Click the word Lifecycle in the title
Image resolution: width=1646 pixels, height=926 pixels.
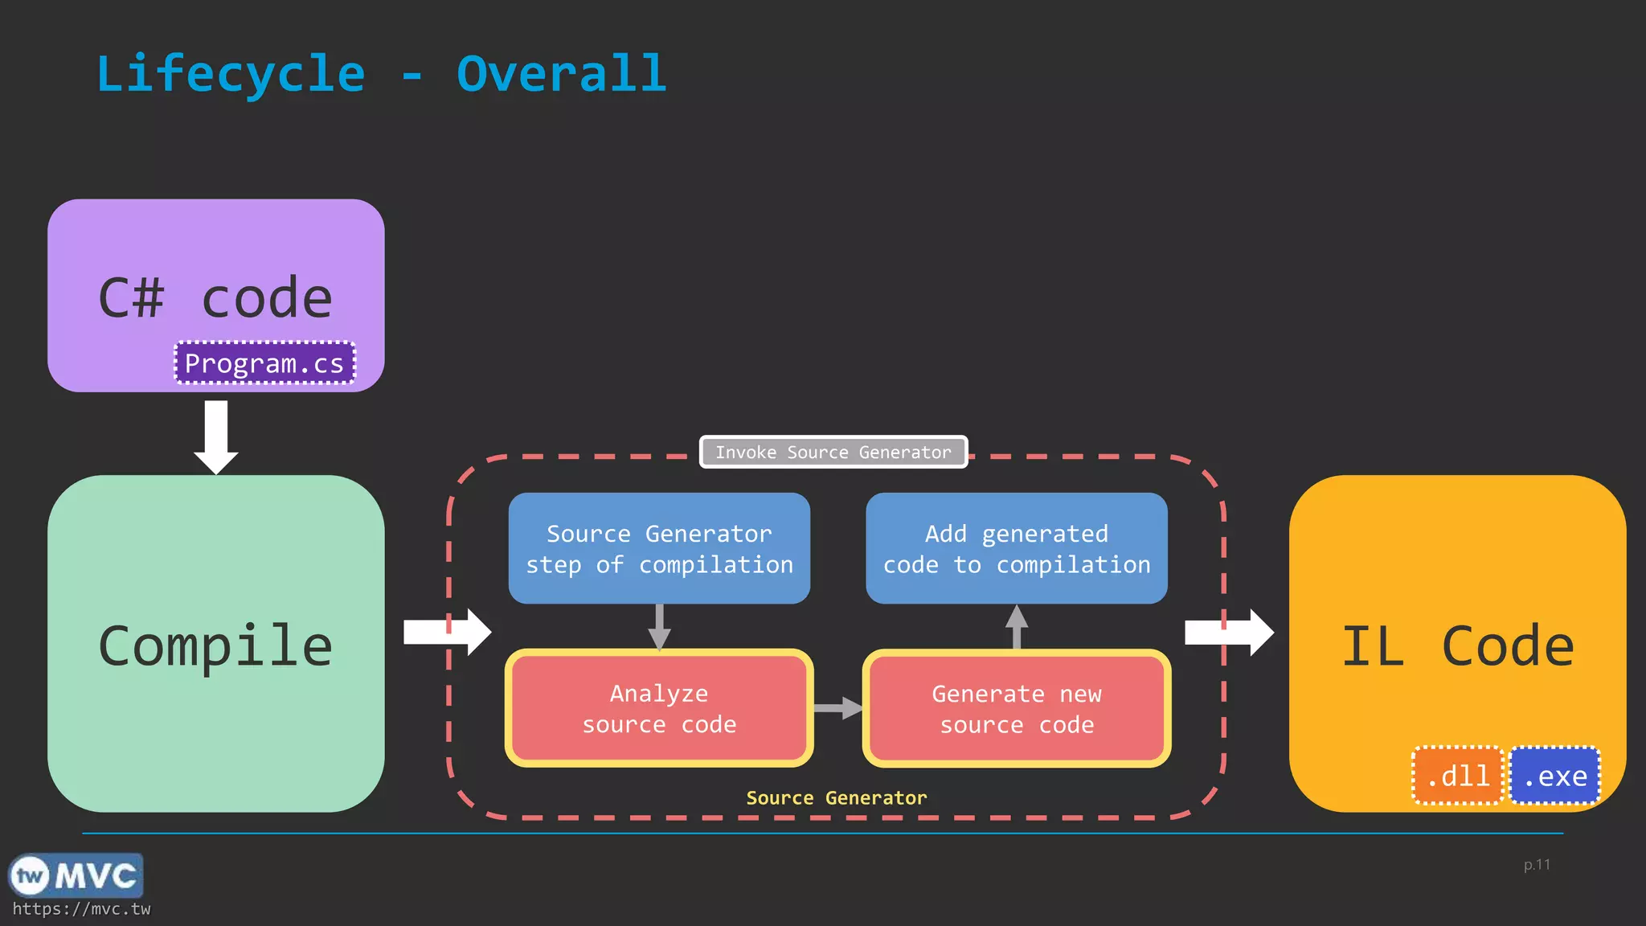(231, 74)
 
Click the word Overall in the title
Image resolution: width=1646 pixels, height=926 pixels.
(561, 74)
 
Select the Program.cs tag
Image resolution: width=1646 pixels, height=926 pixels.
(264, 363)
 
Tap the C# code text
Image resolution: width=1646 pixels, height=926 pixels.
(215, 298)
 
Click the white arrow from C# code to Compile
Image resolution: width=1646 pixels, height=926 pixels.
(216, 436)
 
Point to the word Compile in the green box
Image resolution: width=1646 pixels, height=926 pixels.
(215, 646)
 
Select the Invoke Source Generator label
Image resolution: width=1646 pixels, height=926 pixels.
(833, 452)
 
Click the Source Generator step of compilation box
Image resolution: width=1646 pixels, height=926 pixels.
(659, 549)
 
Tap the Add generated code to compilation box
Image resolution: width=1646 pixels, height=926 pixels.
(1017, 549)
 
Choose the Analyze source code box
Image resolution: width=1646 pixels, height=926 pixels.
(659, 708)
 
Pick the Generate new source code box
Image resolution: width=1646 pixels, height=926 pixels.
(1017, 708)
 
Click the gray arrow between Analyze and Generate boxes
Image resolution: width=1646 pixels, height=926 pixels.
(838, 708)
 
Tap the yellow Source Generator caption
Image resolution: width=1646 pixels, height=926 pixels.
(836, 798)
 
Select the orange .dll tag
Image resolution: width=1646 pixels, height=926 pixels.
(1458, 776)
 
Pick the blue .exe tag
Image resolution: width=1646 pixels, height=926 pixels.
(1555, 776)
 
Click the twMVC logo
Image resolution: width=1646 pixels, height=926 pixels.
(76, 875)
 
